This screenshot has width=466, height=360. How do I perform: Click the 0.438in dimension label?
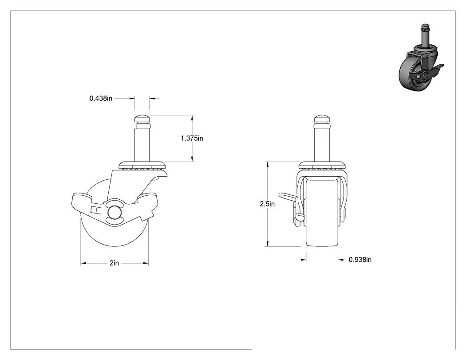(101, 98)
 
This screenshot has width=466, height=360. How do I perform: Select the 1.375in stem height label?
(192, 138)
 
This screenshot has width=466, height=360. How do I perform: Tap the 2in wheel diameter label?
(115, 263)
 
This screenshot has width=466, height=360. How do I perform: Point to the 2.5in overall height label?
(267, 204)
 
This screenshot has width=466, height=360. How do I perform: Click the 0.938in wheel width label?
(360, 260)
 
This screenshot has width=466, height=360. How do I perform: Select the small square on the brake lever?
(95, 210)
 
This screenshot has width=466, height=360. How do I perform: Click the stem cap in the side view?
(142, 119)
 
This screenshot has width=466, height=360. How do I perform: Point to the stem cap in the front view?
(322, 119)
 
